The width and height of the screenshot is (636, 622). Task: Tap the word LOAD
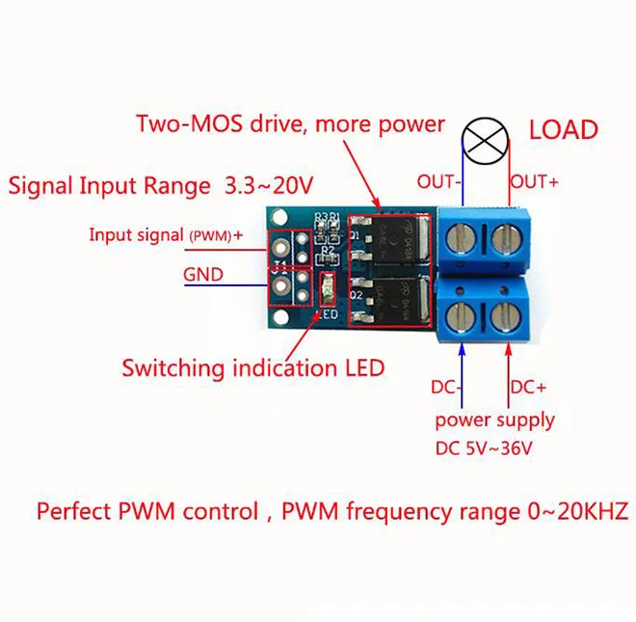(564, 129)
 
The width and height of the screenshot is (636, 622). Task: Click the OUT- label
(439, 180)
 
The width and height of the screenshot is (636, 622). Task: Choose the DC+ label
(528, 387)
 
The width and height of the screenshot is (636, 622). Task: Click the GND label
(203, 275)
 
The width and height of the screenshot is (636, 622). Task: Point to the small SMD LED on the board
(326, 285)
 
